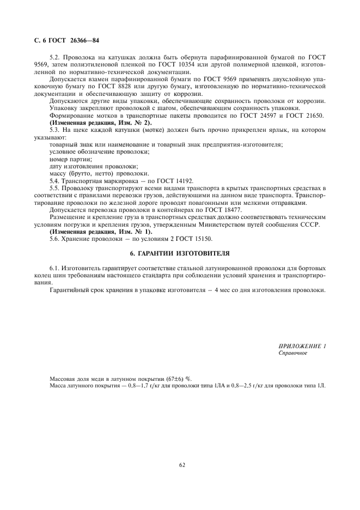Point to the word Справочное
292,353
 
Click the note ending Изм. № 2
101,123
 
